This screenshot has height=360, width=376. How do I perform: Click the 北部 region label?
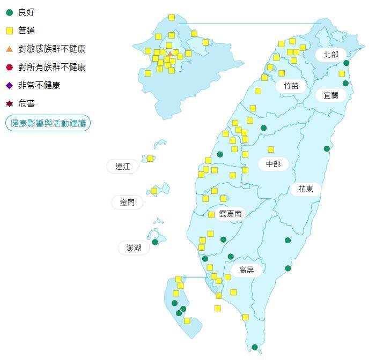(331, 55)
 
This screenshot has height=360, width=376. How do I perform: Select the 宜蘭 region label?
(331, 96)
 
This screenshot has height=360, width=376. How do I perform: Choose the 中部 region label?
(273, 164)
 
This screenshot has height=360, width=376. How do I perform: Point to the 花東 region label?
(306, 189)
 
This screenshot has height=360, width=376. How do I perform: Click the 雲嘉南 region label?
(230, 213)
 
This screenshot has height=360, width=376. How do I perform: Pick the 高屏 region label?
(247, 270)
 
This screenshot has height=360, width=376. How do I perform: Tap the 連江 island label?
(123, 167)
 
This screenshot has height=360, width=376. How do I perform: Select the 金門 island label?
(128, 202)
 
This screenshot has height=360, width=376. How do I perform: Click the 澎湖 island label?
(134, 247)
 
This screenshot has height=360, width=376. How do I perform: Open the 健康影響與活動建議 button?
(48, 123)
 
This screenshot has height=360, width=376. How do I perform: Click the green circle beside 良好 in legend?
(9, 12)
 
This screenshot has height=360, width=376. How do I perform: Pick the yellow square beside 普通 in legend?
(9, 31)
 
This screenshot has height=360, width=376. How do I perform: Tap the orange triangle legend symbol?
(9, 49)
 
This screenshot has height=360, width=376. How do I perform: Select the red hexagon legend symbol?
(9, 67)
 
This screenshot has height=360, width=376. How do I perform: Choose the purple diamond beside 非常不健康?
(9, 85)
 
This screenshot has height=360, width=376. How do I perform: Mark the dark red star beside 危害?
(9, 103)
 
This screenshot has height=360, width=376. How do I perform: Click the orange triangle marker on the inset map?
(170, 54)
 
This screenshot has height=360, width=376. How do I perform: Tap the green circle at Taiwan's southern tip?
(255, 347)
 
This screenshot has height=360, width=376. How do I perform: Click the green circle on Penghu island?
(155, 242)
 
